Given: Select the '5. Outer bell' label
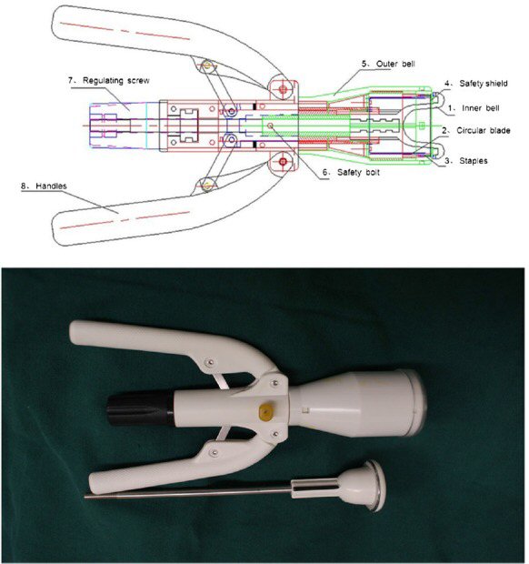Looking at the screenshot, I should coord(389,65).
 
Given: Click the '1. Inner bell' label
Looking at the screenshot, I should coord(476,108).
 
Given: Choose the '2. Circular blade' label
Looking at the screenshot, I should coord(481,131).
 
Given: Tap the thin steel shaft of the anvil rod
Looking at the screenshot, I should coord(182,494).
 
